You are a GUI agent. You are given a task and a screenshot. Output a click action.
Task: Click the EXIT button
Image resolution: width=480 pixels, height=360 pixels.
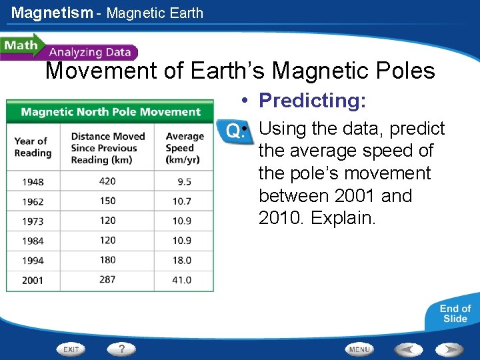[71, 349]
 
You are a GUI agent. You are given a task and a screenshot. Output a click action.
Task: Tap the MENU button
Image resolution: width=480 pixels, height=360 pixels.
[359, 349]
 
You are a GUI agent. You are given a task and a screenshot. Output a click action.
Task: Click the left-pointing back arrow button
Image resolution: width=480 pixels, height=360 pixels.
[407, 349]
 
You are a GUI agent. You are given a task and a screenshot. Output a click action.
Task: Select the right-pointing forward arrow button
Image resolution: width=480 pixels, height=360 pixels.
[449, 349]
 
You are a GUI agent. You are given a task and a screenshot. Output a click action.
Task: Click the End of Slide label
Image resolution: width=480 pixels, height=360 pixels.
[455, 313]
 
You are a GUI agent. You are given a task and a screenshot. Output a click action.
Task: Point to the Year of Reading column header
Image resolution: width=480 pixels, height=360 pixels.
[33, 147]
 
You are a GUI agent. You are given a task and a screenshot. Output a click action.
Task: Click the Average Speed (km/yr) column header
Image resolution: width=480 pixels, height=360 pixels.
[181, 147]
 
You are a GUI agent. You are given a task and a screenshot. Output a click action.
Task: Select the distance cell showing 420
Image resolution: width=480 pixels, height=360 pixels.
[107, 181]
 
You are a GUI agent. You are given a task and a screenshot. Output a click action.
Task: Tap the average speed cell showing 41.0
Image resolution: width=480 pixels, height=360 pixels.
[181, 280]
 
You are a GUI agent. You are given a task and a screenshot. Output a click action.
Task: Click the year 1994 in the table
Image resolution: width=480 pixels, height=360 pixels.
[33, 261]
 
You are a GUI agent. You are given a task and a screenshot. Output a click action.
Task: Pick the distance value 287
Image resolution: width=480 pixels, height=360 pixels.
[107, 280]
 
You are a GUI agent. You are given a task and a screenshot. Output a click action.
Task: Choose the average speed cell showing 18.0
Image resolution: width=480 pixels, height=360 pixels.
[181, 261]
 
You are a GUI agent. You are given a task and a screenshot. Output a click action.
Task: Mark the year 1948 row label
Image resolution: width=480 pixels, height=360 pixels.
[33, 181]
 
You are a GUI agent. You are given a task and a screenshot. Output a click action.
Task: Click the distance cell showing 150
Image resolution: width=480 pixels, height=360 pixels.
[107, 201]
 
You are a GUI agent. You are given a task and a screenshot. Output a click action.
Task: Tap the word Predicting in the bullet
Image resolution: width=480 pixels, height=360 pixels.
[312, 101]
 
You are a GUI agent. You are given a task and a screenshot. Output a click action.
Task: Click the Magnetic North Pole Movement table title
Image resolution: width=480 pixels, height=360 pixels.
[110, 111]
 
